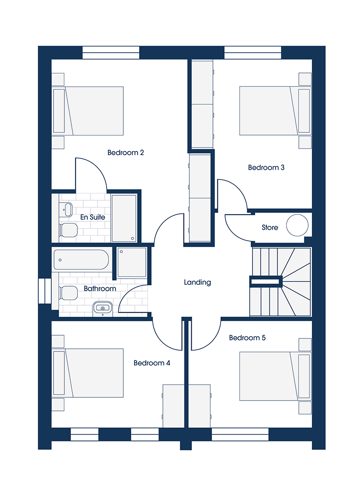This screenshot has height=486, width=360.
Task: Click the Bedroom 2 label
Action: point(126,153)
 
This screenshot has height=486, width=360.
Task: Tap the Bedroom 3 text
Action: point(266,167)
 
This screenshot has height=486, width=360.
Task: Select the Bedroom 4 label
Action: point(152,363)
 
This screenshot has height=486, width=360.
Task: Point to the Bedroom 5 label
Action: point(247,337)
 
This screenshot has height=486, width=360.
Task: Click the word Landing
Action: point(197,282)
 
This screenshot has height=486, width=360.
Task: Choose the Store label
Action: point(270,228)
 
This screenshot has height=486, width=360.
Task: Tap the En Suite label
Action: point(92,217)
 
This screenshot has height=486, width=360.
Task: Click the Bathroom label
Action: point(100,288)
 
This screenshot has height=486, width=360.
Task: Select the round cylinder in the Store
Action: point(297,225)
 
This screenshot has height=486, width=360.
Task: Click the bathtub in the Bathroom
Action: point(81,260)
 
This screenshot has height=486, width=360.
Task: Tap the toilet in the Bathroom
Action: point(68,293)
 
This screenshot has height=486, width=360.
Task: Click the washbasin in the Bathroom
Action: point(103,308)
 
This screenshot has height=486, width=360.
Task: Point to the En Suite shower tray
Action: point(124,218)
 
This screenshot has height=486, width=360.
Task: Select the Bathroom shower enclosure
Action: point(132,262)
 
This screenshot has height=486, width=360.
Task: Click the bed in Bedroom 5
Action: point(275,376)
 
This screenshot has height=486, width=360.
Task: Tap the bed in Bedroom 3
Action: point(275,111)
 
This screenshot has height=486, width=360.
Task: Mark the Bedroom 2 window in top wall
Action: point(111,53)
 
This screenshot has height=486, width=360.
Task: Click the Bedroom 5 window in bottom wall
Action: point(240,435)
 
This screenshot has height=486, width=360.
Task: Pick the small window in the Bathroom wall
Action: point(45,291)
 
